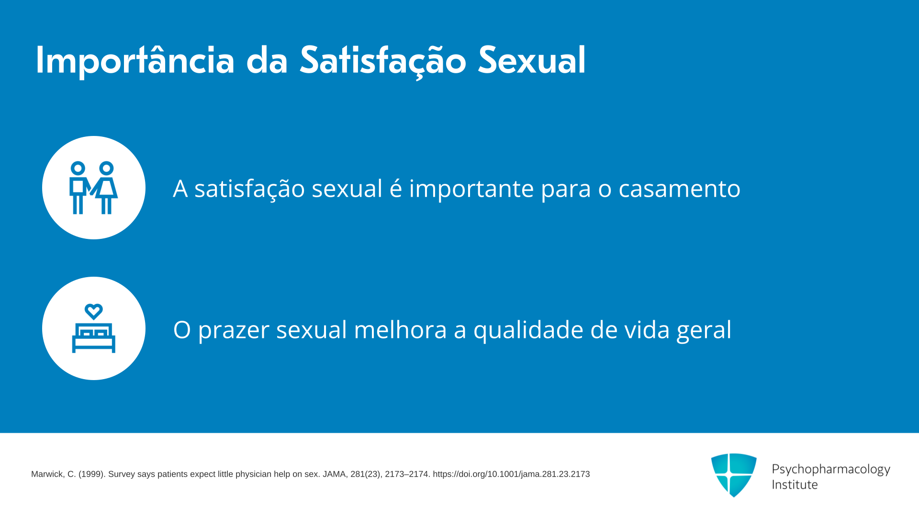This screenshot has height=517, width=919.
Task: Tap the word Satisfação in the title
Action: (383, 61)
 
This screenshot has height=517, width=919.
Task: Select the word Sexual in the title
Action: (532, 60)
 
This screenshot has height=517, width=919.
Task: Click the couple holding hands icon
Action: (93, 188)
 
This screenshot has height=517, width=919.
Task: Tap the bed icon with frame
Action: (93, 337)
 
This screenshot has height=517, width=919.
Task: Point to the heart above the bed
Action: (93, 312)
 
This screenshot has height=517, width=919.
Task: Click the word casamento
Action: (679, 189)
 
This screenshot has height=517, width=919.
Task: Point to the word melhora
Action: (400, 329)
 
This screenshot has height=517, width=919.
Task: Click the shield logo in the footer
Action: (734, 475)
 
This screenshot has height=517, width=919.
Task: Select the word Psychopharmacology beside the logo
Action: (831, 470)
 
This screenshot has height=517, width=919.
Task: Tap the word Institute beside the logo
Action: (795, 484)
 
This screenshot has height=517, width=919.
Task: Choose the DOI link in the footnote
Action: (511, 474)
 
